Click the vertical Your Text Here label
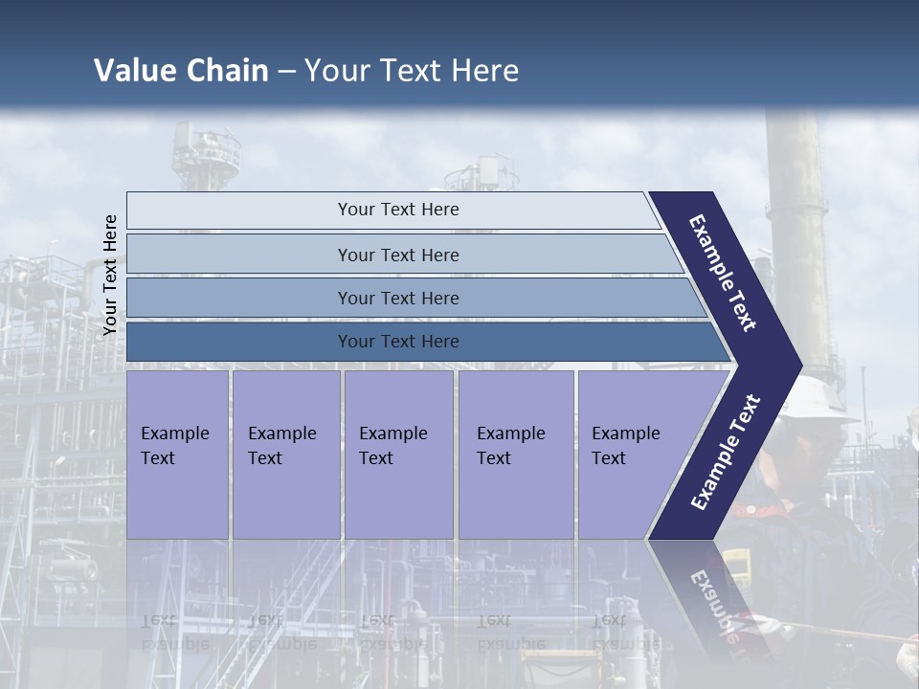110,276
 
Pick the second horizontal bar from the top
397,255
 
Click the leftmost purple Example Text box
177,455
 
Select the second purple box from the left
285,455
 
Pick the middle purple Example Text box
398,455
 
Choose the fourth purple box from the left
516,455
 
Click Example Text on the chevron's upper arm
723,273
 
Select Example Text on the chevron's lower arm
725,453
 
